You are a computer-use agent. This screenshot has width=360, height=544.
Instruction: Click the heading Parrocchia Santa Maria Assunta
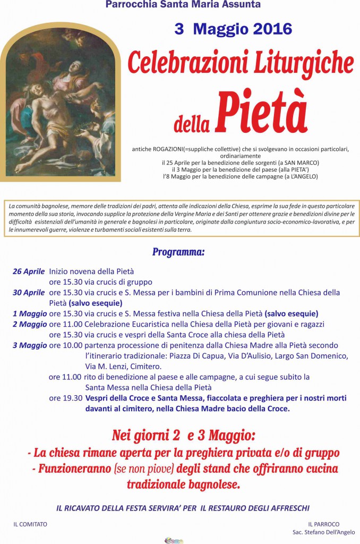point(183,5)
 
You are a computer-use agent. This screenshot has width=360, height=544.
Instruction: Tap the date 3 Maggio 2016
point(233,29)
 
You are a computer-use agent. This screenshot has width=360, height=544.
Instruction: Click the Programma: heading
point(178,252)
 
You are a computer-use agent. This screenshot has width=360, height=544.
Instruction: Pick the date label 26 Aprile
point(29,271)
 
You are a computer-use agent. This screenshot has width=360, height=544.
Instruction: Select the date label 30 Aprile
point(29,293)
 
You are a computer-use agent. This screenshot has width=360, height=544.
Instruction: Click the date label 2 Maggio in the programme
point(30,324)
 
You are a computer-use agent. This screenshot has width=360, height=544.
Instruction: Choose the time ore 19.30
point(65,398)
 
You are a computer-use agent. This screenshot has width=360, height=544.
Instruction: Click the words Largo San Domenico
point(305,356)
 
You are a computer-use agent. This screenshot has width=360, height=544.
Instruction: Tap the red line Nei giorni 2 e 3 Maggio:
point(184,436)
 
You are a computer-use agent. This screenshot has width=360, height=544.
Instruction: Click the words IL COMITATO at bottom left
point(30,524)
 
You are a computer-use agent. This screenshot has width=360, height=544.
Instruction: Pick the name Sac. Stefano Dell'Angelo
point(323,532)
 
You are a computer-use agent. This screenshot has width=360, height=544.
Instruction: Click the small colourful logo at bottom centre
point(174,540)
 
